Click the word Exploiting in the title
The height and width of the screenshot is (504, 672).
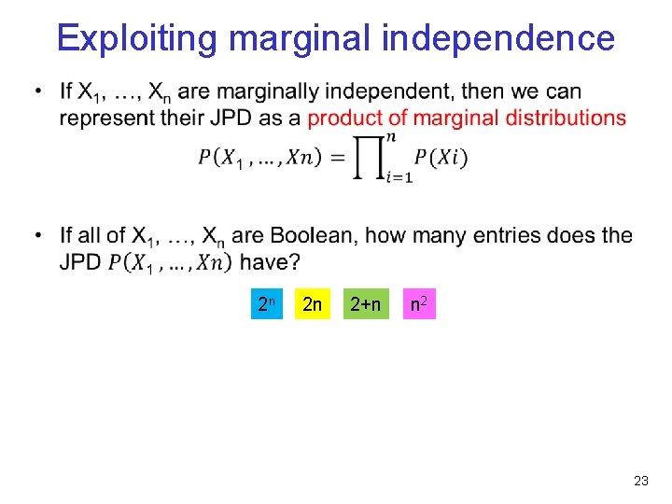tap(136, 39)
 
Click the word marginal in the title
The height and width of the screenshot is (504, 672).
tap(301, 39)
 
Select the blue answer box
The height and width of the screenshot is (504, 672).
tap(266, 303)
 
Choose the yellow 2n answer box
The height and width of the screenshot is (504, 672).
tap(313, 303)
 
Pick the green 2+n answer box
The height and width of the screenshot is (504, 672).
tap(365, 303)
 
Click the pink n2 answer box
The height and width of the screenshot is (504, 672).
tap(419, 303)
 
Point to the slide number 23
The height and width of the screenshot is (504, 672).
tap(640, 481)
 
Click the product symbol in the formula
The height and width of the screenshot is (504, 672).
tap(368, 157)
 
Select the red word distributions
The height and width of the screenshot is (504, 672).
tap(568, 118)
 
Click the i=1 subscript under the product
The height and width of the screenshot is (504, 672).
tap(399, 178)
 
